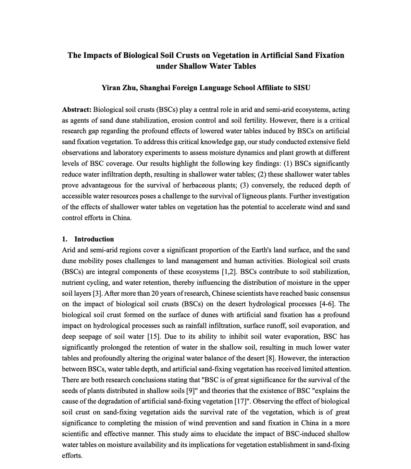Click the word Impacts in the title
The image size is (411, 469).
[x=97, y=55]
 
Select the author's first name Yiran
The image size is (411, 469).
[x=111, y=88]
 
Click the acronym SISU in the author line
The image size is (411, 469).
[x=302, y=88]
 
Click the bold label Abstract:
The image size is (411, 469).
[x=76, y=110]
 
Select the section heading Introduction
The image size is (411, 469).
[x=94, y=239]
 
